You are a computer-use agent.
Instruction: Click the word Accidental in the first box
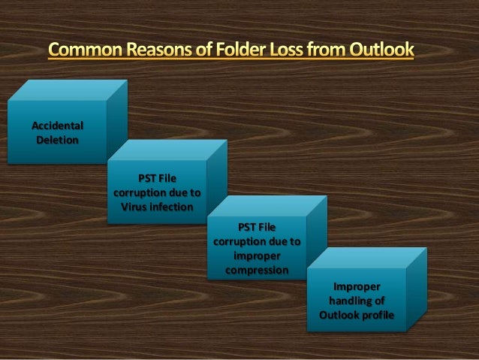pos(57,125)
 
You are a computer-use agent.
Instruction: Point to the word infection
pos(173,207)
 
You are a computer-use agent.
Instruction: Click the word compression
pos(257,269)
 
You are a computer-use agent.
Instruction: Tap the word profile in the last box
pos(376,314)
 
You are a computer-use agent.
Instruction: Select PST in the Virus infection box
pos(147,179)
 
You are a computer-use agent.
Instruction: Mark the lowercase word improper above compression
pos(257,256)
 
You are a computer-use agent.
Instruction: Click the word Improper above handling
pos(357,287)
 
